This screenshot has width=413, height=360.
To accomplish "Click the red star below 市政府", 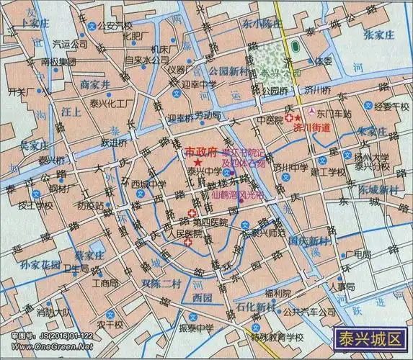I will tap(197, 166).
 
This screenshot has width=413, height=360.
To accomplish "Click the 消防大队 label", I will tap(53, 312).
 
